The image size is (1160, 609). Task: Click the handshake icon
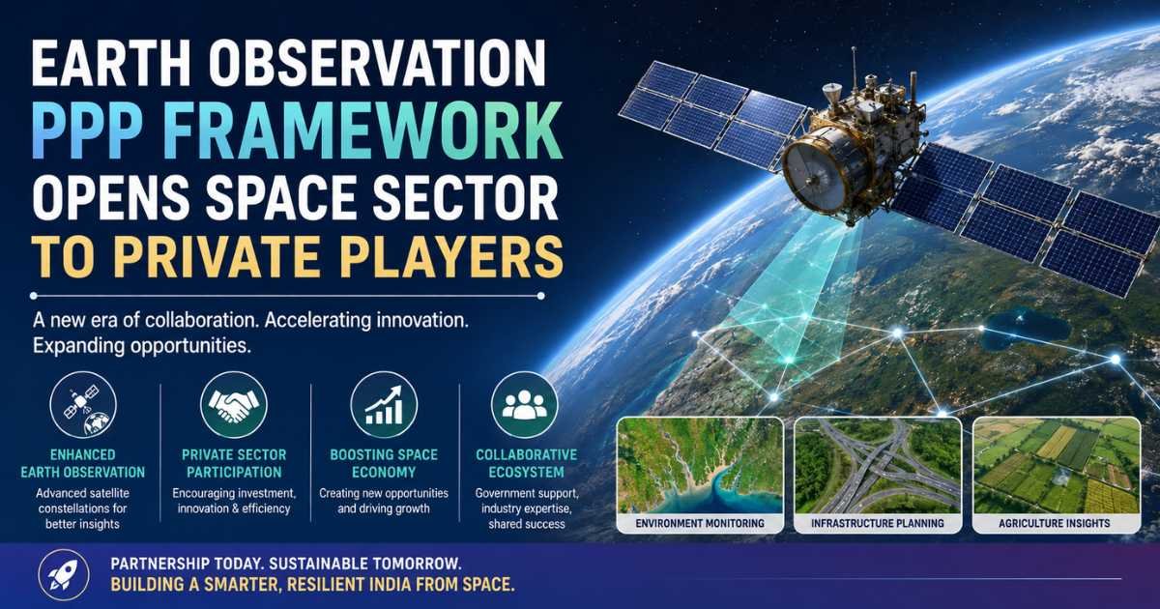click(x=234, y=404)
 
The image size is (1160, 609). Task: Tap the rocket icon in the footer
click(x=64, y=575)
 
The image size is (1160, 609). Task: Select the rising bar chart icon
click(x=384, y=404)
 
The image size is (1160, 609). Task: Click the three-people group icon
click(x=524, y=404)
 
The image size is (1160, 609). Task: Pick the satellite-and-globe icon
click(x=83, y=404)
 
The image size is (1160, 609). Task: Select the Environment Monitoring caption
click(x=700, y=523)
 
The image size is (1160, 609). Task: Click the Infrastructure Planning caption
click(x=878, y=523)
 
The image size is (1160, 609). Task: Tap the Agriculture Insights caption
click(x=1055, y=523)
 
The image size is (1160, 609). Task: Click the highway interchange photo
click(x=878, y=466)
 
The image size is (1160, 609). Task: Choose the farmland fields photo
click(x=1057, y=466)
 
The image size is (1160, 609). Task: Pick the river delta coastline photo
click(x=700, y=466)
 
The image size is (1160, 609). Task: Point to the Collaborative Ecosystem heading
click(x=526, y=463)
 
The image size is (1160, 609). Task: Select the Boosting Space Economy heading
click(x=384, y=463)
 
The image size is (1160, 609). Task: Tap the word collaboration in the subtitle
click(x=201, y=320)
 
